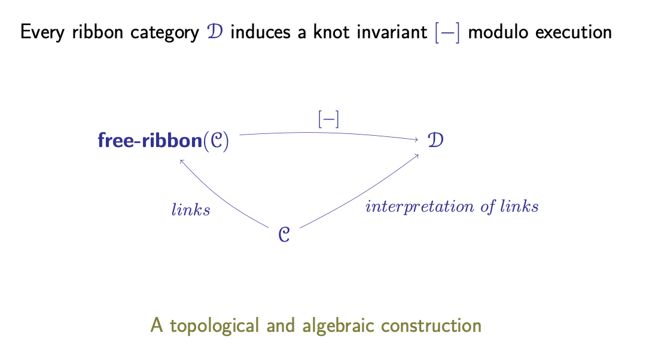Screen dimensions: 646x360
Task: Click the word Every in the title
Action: coord(42,32)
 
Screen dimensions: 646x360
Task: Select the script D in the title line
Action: coord(215,32)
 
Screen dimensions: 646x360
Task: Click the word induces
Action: coord(260,32)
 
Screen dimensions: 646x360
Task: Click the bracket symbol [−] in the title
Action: coord(447,32)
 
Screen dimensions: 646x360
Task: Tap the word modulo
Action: coord(498,32)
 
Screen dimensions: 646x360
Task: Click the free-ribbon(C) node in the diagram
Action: coord(163,141)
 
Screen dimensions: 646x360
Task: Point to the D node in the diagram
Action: coord(435,140)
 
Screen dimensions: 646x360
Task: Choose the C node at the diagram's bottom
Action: coord(284,235)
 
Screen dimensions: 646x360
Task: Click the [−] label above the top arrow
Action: coord(328,120)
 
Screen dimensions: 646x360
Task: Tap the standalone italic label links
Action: coord(191,210)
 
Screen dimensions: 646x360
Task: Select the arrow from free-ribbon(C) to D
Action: coord(329,133)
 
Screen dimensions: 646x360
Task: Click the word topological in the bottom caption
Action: coord(215,326)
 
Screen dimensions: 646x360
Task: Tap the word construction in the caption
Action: coord(431,325)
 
